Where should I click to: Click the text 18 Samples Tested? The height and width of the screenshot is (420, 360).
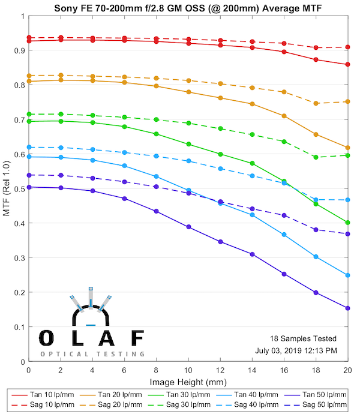[303, 338]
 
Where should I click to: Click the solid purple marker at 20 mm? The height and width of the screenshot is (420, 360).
[347, 308]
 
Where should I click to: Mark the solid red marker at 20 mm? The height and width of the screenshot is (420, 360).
[347, 65]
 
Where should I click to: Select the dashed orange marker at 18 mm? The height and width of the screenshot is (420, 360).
[316, 103]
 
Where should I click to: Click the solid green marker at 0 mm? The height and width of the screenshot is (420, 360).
[29, 121]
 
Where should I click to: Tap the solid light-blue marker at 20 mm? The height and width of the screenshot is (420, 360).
[347, 275]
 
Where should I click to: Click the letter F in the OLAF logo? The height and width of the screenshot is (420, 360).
[137, 338]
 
